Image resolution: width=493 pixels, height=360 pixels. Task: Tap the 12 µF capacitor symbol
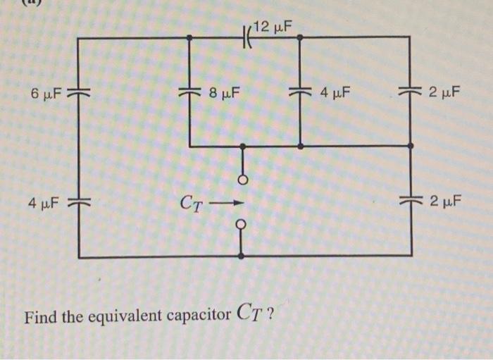point(247,37)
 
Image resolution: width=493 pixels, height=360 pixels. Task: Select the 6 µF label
point(46,93)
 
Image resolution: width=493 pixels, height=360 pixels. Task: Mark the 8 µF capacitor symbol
point(189,92)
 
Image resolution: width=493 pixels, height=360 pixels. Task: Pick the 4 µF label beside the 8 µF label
point(335,92)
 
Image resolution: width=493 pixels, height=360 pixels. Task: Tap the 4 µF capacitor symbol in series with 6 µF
point(77,203)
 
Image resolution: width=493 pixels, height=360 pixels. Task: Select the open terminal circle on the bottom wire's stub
point(242,225)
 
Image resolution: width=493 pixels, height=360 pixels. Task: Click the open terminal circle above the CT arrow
point(242,179)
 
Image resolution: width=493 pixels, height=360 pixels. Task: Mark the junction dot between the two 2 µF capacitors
point(411,146)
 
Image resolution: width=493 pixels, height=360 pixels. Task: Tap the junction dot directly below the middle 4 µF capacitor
point(300,146)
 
